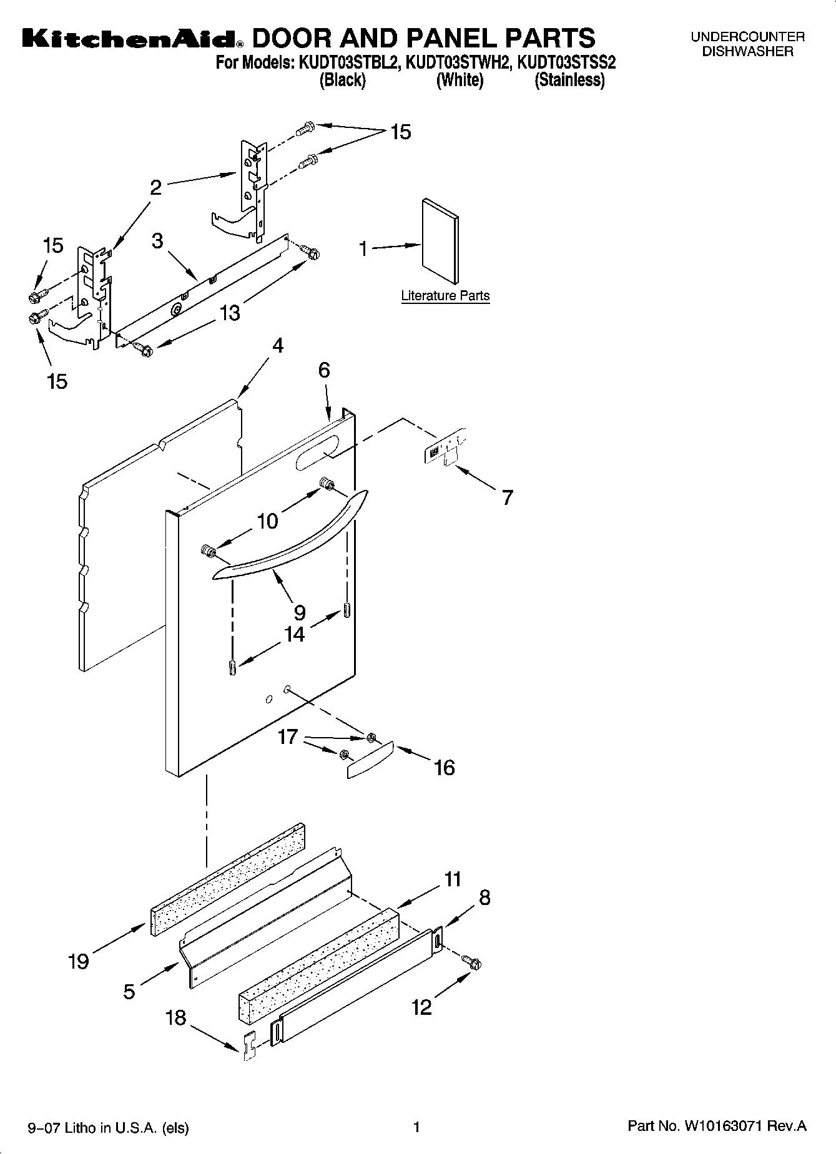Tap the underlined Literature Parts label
pyautogui.click(x=445, y=296)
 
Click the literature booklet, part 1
pyautogui.click(x=440, y=242)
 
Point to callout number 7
pyautogui.click(x=507, y=497)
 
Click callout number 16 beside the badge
pyautogui.click(x=444, y=767)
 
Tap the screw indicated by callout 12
pyautogui.click(x=473, y=964)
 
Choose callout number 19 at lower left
pyautogui.click(x=78, y=961)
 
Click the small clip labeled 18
pyautogui.click(x=249, y=1046)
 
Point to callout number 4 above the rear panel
pyautogui.click(x=277, y=345)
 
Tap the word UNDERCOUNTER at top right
pyautogui.click(x=747, y=37)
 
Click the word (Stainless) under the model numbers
pyautogui.click(x=569, y=80)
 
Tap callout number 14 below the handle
pyautogui.click(x=294, y=634)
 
